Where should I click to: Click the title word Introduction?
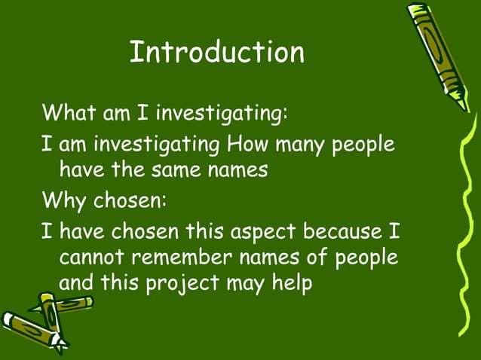coord(216,52)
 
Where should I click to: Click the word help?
coord(291,285)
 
